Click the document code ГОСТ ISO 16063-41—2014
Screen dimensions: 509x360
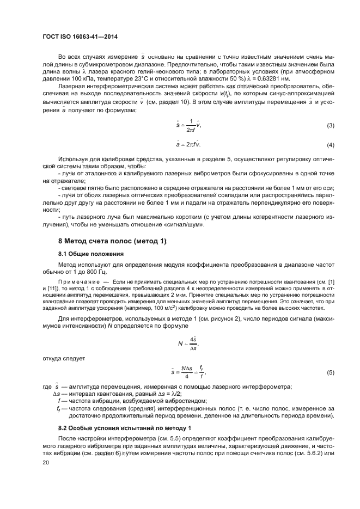tap(80, 37)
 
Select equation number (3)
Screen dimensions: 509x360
tap(330, 126)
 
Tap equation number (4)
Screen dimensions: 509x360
tap(330, 145)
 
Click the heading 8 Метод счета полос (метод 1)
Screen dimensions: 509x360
tap(112, 241)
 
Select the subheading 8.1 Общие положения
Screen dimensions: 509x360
tap(91, 254)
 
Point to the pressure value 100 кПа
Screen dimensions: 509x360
tap(75, 77)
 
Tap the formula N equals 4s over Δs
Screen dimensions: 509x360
tap(188, 344)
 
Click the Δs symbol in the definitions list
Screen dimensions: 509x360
tap(58, 394)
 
